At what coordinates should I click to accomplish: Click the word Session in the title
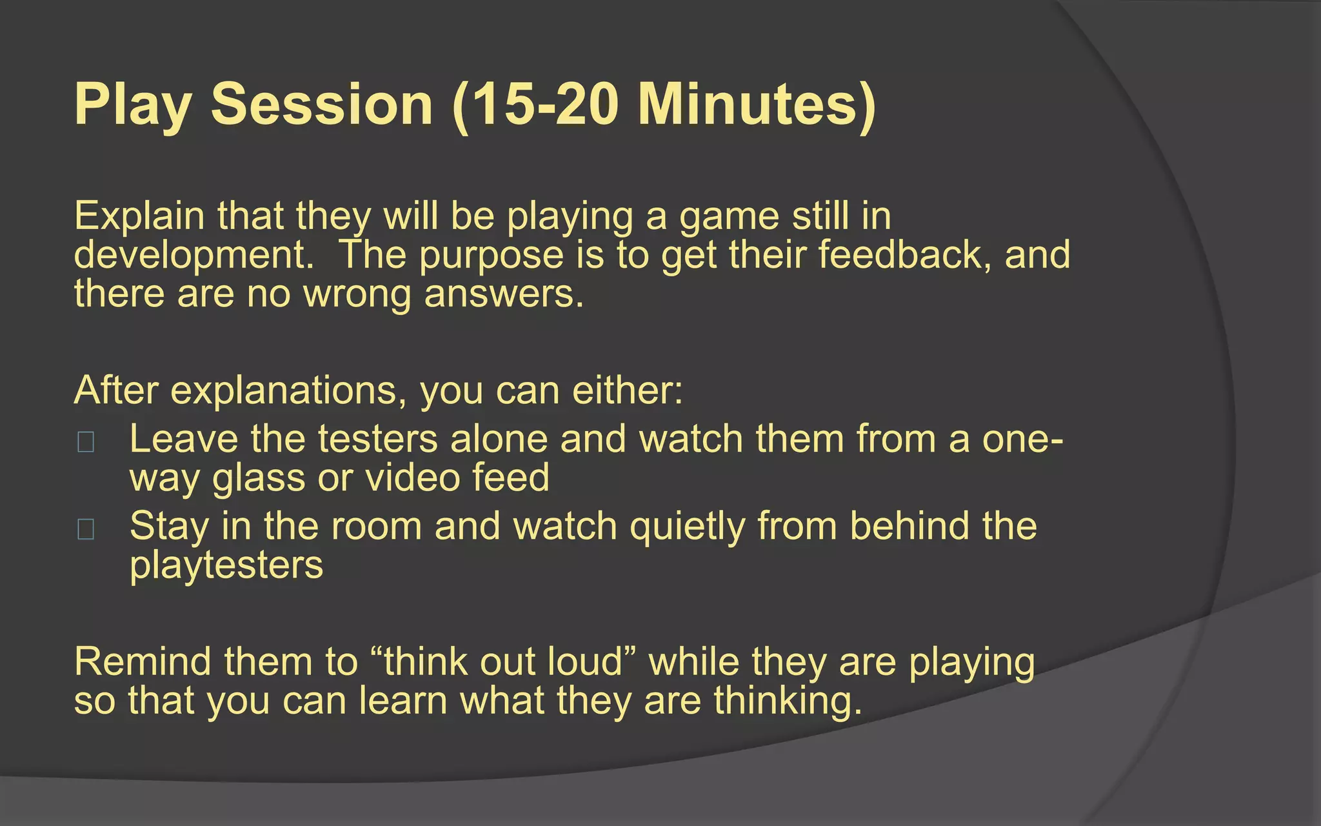coord(321,105)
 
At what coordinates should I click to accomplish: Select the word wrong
coord(357,294)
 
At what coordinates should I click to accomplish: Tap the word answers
coord(504,294)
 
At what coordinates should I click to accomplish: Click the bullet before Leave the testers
coord(86,443)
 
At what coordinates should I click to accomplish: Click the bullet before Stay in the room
coord(86,529)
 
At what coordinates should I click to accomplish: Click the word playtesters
coord(226,565)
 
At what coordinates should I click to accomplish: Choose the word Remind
coord(143,662)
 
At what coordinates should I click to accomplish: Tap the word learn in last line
coord(403,701)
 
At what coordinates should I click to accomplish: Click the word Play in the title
coord(133,105)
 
